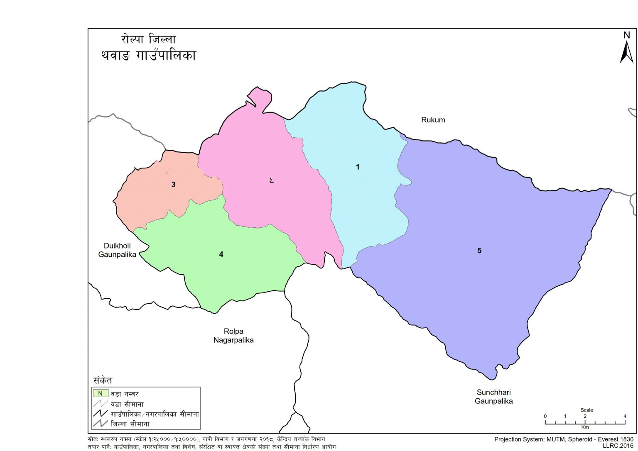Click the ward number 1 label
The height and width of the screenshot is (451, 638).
358,167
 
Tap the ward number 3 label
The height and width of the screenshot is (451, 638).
174,185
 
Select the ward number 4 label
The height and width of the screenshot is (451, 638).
221,254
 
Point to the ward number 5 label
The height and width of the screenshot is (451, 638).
479,251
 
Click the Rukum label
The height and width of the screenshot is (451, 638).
433,120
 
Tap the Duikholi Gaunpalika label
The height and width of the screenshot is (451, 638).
117,250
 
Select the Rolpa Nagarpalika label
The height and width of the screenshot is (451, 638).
233,336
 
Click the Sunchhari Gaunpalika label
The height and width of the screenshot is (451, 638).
493,397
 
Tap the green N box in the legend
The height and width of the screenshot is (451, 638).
100,393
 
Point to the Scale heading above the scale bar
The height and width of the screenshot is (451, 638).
586,410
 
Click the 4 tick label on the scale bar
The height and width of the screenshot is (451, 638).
624,416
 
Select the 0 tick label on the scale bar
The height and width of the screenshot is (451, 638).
545,416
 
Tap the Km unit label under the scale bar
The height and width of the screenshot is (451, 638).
585,427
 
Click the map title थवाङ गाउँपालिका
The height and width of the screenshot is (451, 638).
148,56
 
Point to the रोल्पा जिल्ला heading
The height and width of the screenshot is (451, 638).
148,39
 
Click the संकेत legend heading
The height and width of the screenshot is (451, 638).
103,380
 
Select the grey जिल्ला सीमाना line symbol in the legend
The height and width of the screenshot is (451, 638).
100,424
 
